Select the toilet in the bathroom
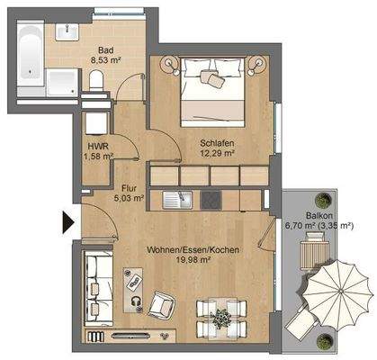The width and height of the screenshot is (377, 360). click(x=96, y=82)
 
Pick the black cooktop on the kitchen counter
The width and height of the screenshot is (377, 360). click(x=213, y=198)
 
